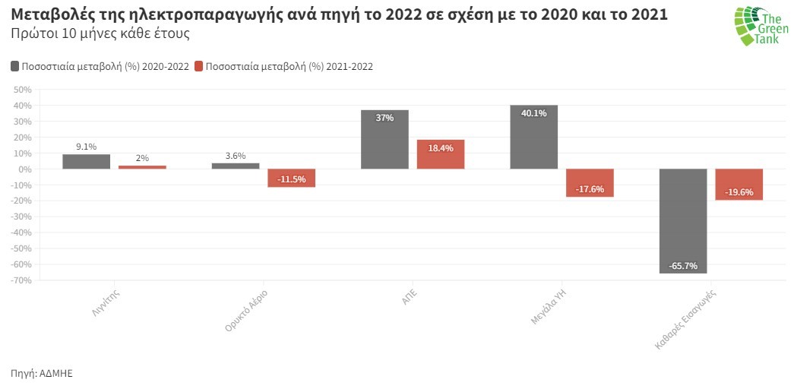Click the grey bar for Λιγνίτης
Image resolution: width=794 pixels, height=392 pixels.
pos(86,161)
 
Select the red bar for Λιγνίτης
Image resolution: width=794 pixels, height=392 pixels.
pos(142,166)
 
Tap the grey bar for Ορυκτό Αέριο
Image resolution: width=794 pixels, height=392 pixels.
pos(236,166)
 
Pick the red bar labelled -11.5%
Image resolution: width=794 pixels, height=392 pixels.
pos(292,178)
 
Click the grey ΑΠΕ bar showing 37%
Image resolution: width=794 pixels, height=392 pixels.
pos(384,139)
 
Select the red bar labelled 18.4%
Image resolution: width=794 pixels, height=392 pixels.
pos(441,154)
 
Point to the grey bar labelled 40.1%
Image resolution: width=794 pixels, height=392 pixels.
pos(533,137)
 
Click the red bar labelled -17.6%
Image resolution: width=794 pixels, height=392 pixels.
pos(590,182)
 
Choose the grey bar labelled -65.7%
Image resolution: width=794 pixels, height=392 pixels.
pos(683,220)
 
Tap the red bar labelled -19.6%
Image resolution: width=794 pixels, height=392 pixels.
pos(739,184)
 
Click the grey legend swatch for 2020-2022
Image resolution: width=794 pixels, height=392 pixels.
pos(15,67)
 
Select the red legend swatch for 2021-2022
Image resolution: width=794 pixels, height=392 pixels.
pos(200,67)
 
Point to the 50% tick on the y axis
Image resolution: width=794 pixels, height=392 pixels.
pos(21,90)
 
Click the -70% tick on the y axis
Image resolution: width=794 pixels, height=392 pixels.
pos(21,280)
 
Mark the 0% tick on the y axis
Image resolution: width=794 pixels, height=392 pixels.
pos(23,169)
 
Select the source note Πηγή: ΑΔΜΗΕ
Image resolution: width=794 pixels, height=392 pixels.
pos(42,373)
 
